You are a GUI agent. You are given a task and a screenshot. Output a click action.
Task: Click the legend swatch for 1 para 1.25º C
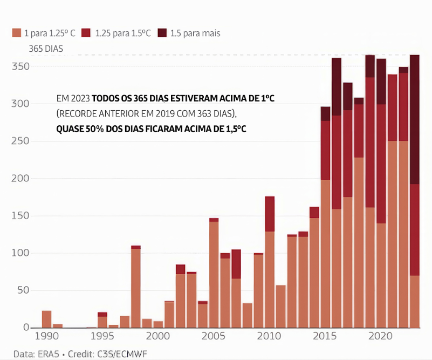tap(16, 33)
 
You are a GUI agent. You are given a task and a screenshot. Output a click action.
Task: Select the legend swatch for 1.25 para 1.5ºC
tap(86, 33)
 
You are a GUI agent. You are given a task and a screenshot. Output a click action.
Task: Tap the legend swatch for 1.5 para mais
tap(162, 33)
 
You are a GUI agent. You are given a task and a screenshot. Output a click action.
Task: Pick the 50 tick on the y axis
tap(23, 290)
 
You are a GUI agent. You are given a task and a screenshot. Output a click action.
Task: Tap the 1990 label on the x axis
tap(47, 336)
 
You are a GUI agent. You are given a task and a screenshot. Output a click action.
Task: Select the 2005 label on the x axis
tap(214, 336)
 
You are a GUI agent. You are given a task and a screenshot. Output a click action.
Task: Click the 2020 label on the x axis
tap(381, 336)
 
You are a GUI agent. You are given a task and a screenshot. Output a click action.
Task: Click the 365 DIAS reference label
tap(46, 49)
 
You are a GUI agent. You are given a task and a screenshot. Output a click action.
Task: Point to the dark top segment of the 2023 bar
tap(415, 119)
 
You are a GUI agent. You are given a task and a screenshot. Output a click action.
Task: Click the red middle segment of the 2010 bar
tap(270, 214)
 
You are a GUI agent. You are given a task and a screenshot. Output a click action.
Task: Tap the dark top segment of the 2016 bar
tap(337, 86)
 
